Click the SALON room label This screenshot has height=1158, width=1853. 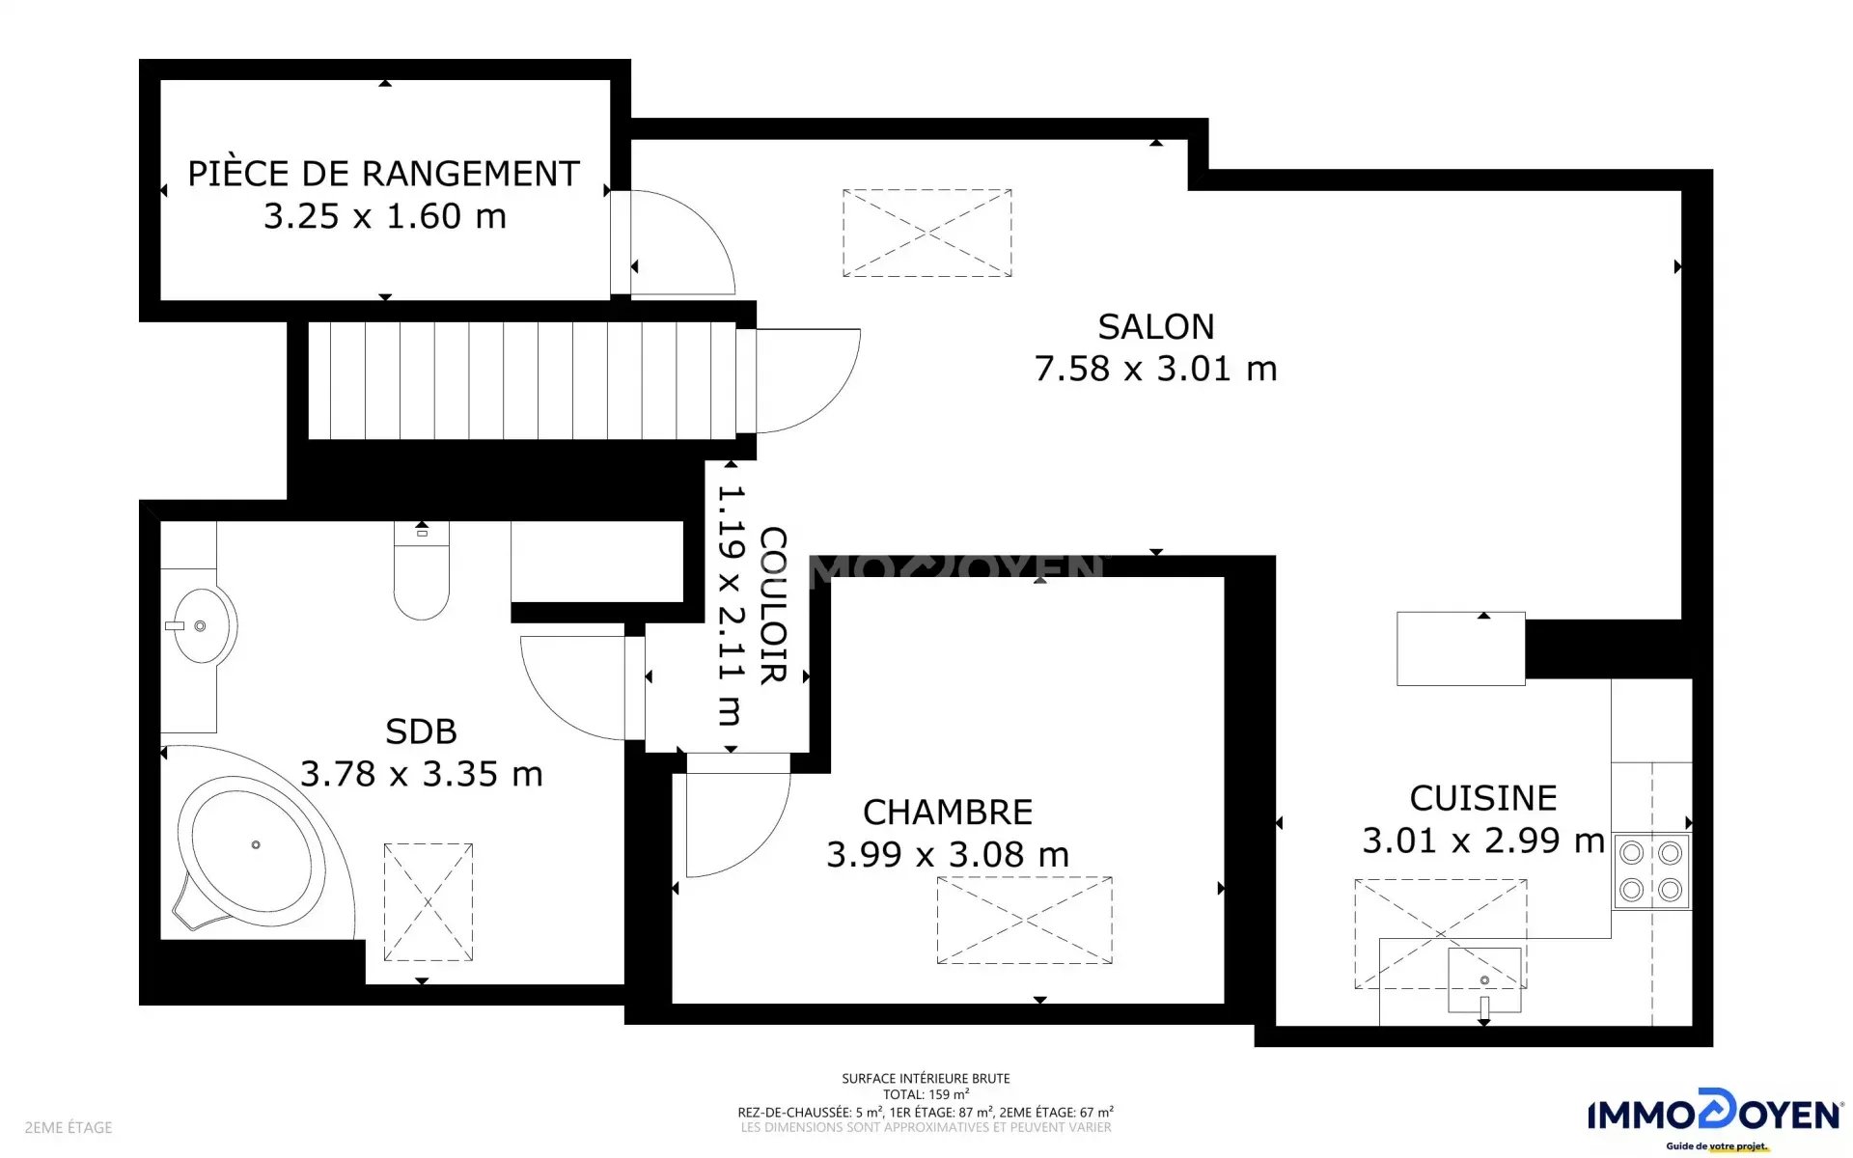(1155, 327)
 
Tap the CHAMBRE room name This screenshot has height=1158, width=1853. (948, 813)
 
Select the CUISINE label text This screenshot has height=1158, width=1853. (1483, 798)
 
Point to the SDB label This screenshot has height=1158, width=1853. (421, 731)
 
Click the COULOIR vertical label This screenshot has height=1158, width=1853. (773, 605)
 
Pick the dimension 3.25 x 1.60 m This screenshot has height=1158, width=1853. (385, 216)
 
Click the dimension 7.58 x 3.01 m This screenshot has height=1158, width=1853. (1155, 369)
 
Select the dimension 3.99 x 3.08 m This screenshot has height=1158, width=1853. (948, 854)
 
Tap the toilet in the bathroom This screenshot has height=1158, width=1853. (422, 570)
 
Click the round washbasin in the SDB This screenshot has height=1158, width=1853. (201, 626)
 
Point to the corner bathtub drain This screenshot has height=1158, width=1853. (256, 844)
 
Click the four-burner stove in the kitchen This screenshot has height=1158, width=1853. (1651, 871)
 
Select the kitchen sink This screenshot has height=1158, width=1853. (1484, 980)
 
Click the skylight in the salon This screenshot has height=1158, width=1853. (926, 233)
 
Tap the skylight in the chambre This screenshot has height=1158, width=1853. (1024, 920)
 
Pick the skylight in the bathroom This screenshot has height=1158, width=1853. (429, 902)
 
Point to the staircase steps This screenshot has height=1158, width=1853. (522, 380)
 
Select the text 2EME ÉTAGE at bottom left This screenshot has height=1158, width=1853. (69, 1127)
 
